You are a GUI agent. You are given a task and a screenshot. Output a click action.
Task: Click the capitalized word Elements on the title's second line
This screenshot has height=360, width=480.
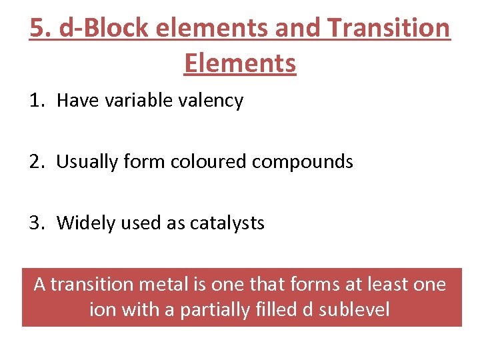click(x=239, y=63)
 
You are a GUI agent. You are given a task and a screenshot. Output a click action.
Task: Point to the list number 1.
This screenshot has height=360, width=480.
click(x=35, y=101)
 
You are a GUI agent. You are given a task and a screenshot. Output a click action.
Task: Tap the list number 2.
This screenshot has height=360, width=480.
click(x=35, y=161)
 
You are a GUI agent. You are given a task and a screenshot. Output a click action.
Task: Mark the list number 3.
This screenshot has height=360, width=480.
click(x=35, y=223)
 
